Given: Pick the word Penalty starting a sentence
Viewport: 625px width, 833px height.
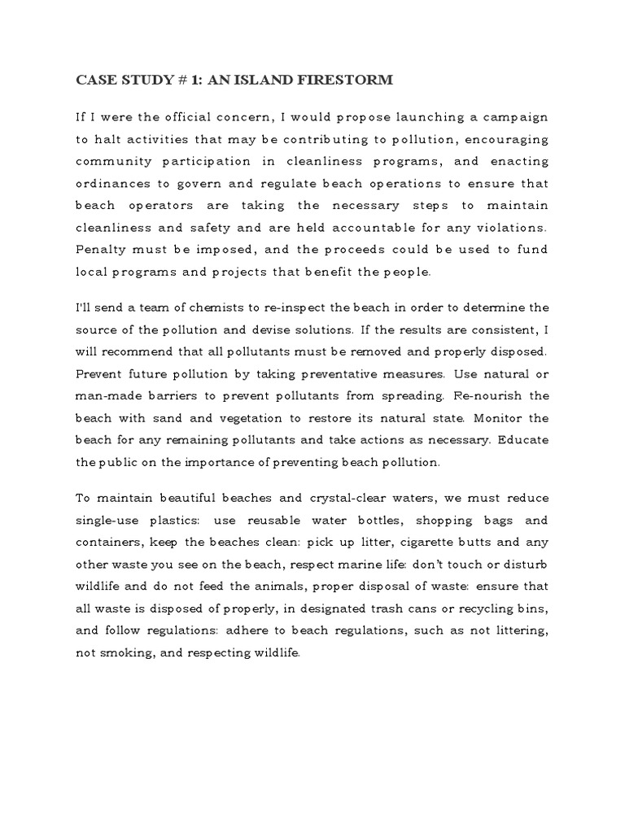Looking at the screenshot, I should (103, 249).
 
